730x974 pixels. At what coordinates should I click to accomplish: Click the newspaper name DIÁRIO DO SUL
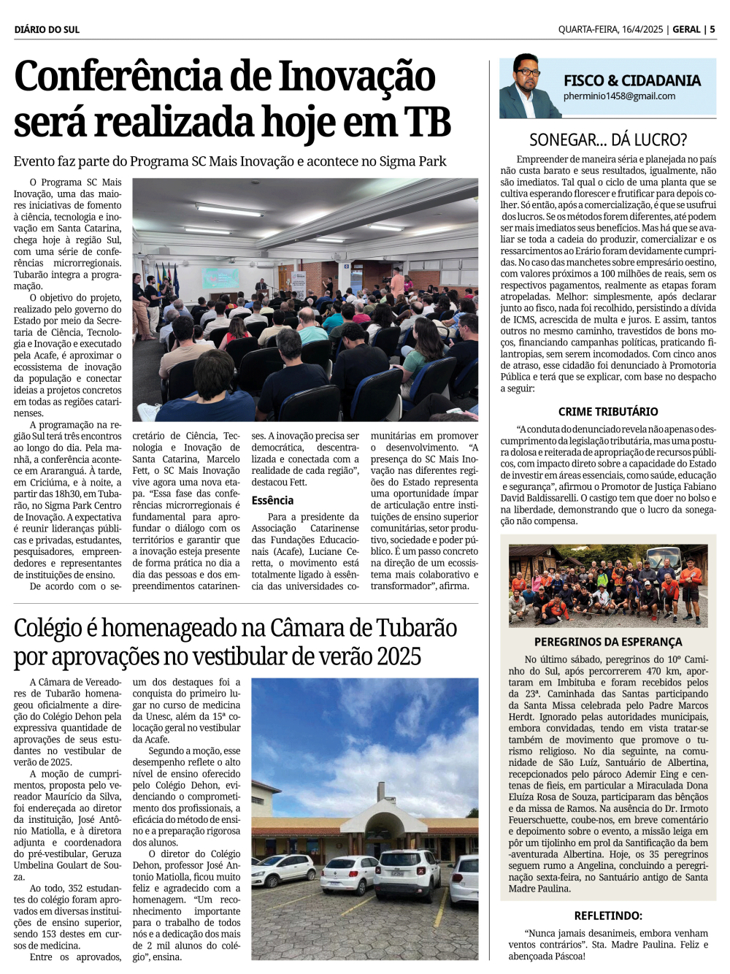click(x=47, y=29)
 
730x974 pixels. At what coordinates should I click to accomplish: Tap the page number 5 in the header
click(x=712, y=29)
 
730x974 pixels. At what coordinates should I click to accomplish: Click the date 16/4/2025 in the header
click(x=642, y=29)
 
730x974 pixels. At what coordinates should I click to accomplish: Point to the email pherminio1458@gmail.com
click(x=619, y=96)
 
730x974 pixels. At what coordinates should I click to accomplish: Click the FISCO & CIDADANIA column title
click(x=631, y=80)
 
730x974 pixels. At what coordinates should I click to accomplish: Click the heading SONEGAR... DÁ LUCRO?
click(x=608, y=139)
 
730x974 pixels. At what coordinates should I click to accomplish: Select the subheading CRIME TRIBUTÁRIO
click(x=608, y=412)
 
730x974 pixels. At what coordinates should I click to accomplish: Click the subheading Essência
click(x=272, y=500)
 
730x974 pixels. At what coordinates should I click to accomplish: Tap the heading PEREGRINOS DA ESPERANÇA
click(x=608, y=642)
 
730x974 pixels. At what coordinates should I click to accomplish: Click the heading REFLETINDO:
click(x=608, y=916)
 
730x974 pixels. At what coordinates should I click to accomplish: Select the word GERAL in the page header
click(x=686, y=29)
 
